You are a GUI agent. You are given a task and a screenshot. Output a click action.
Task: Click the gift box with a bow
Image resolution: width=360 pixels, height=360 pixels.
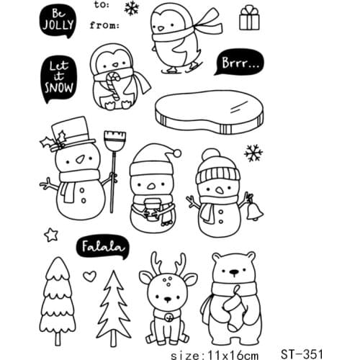pyautogui.click(x=249, y=18)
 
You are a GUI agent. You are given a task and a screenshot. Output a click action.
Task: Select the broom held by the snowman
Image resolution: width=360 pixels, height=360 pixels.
pyautogui.click(x=111, y=166)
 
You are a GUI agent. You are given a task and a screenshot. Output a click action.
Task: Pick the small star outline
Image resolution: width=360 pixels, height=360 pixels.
pyautogui.click(x=50, y=235)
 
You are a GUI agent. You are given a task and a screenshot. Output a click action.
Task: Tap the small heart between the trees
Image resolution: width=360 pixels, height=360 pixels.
pyautogui.click(x=89, y=274)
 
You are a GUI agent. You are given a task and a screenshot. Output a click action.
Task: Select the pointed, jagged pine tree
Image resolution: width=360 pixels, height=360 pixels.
pyautogui.click(x=114, y=308)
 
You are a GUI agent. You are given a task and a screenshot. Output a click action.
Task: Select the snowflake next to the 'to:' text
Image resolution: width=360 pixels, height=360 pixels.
pyautogui.click(x=132, y=8)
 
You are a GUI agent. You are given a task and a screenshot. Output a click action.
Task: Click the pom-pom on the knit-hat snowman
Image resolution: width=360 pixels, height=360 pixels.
pyautogui.click(x=210, y=155)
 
